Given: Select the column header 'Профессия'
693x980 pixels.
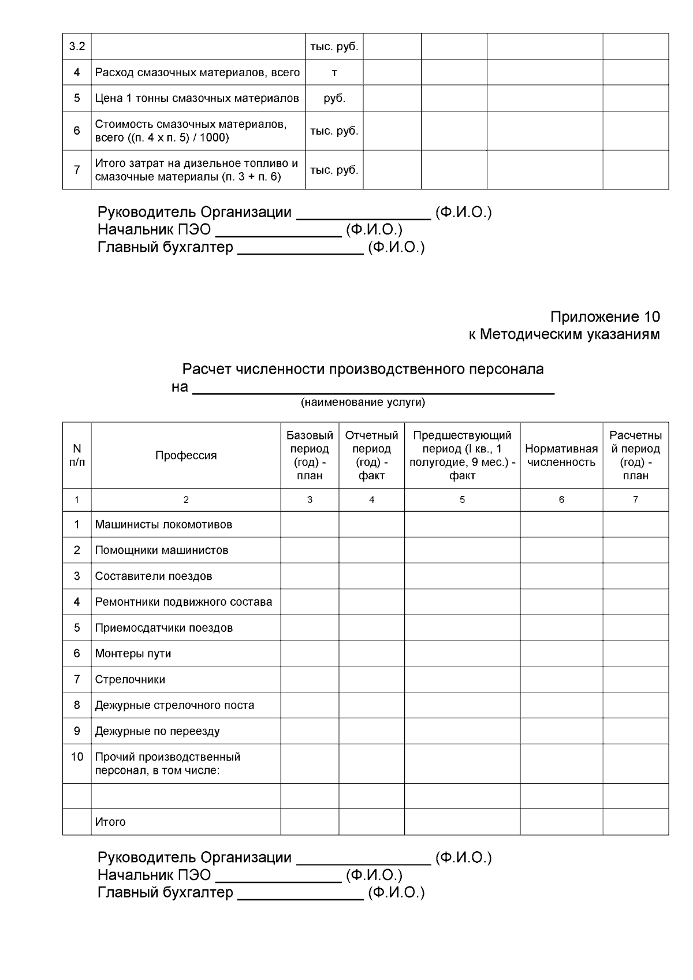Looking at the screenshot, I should (186, 455).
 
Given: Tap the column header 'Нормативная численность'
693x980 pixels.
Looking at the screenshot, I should (561, 455).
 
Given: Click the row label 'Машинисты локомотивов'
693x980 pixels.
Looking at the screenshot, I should (163, 525).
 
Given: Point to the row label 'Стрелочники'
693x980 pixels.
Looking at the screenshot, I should (130, 680).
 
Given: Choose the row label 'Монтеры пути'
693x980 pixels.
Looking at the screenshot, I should (133, 654).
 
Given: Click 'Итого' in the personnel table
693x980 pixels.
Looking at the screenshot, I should (110, 822).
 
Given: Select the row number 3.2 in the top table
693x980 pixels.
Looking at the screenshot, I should (77, 47).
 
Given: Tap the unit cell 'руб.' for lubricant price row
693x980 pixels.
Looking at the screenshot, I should (334, 98).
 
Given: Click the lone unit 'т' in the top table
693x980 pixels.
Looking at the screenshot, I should (334, 73).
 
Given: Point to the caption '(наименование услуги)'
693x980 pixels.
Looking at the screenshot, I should (363, 403).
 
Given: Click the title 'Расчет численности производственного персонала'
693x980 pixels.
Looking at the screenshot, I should (363, 369).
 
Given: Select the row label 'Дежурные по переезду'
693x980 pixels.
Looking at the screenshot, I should (157, 731).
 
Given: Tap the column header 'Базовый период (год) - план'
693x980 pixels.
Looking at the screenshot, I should (310, 455).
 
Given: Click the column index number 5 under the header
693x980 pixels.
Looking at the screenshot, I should (462, 500).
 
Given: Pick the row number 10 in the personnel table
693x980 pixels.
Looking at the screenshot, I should (77, 757).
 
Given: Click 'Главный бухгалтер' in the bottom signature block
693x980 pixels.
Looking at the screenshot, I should (165, 892).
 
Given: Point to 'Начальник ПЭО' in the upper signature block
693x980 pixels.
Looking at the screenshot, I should (154, 230).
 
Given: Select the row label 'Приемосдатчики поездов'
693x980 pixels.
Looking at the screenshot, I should (163, 628).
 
